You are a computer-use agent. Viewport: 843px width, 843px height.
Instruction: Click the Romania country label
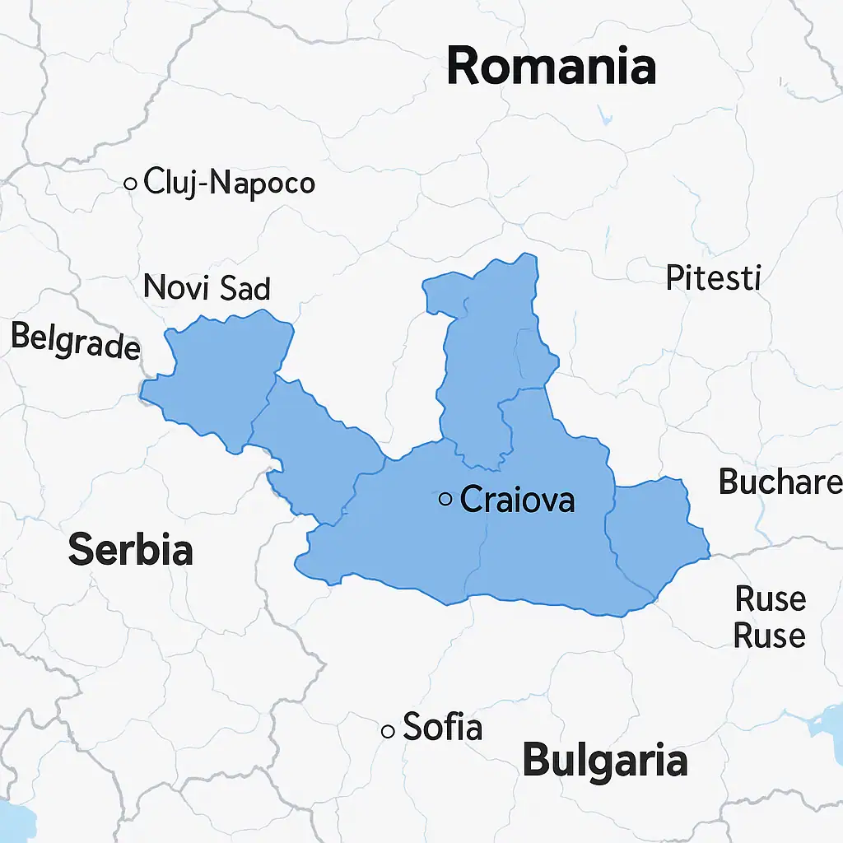tap(551, 66)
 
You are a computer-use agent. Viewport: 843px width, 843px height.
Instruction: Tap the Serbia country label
tap(130, 549)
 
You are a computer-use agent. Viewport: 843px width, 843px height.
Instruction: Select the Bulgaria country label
tap(605, 761)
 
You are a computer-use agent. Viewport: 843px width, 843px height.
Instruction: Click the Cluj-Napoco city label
tap(229, 183)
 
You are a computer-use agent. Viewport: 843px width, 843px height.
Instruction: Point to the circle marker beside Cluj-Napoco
tap(130, 184)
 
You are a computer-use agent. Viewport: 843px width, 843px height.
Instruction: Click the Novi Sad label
tap(207, 288)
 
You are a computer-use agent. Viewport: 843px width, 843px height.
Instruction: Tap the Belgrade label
tap(75, 341)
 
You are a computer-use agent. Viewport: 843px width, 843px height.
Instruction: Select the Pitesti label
tap(713, 278)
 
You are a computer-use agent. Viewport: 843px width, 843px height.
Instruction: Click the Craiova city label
tap(517, 499)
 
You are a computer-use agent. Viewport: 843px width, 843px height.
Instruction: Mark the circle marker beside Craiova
tap(445, 498)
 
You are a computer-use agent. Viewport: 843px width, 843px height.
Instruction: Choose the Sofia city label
tap(442, 728)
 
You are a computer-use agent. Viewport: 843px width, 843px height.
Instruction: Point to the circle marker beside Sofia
tap(388, 730)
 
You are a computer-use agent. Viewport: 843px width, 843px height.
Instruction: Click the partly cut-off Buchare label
tap(780, 482)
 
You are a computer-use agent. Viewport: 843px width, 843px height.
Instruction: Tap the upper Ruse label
tap(770, 598)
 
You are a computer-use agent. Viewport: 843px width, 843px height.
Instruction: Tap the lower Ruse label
tap(770, 636)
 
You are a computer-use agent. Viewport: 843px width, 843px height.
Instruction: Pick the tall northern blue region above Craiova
tap(486, 346)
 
